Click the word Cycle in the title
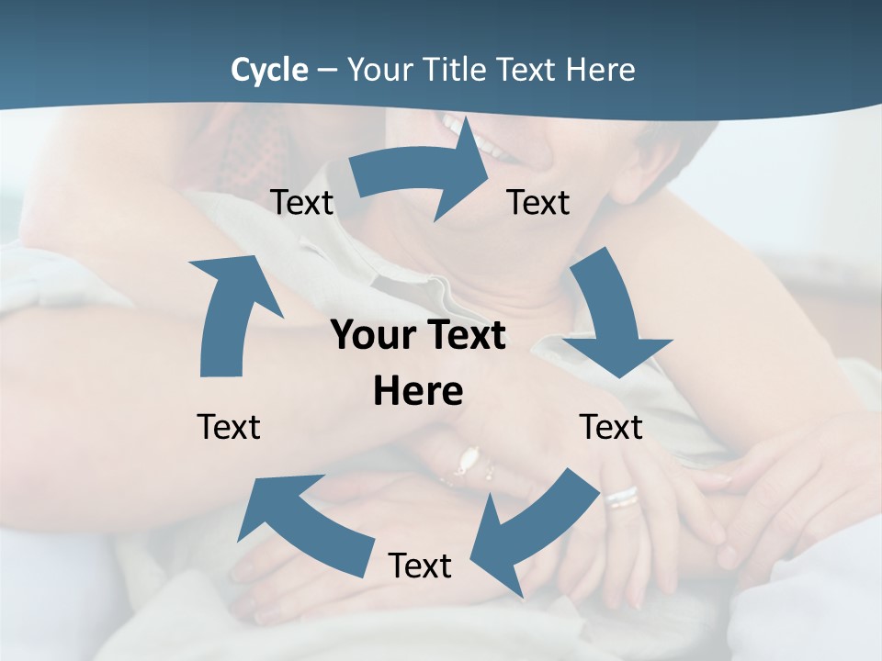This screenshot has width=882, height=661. [269, 70]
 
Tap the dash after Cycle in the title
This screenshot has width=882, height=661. [327, 71]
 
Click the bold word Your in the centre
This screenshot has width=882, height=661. [372, 335]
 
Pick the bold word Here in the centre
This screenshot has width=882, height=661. [418, 391]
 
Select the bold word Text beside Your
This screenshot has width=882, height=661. [463, 335]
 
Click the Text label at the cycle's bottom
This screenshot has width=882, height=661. [420, 566]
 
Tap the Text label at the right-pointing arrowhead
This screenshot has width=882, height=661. [538, 202]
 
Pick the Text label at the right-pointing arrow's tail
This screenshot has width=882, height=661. [302, 202]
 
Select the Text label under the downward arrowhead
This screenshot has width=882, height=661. [611, 427]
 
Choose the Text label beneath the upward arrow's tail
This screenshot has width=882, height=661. [229, 427]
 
